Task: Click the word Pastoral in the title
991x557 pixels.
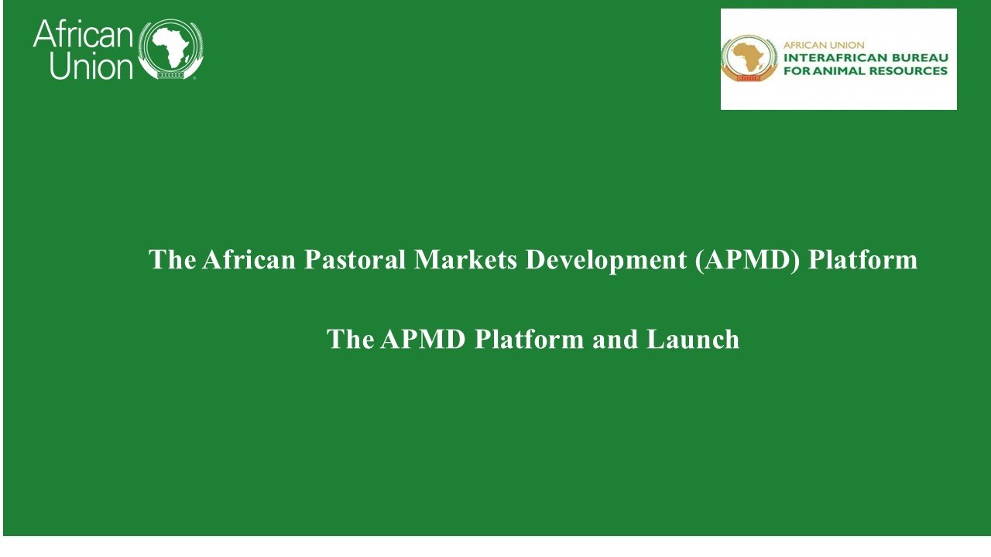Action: (355, 259)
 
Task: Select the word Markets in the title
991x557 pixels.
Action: (465, 259)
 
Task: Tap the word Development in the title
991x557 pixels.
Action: (606, 261)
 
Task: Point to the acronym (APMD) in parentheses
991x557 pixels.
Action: (748, 261)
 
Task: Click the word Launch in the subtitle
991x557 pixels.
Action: (693, 340)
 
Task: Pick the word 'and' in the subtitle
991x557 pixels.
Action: (615, 340)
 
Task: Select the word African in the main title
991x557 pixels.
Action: (249, 259)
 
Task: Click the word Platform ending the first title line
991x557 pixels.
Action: (863, 259)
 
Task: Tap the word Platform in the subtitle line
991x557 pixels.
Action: (529, 340)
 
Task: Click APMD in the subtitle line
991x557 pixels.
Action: (423, 340)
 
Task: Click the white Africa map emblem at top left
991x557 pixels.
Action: (171, 49)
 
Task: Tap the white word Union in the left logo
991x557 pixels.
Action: (91, 67)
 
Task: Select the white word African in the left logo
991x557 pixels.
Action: (83, 34)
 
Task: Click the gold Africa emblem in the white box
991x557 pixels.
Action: (749, 58)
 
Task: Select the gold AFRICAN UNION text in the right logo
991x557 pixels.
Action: (824, 45)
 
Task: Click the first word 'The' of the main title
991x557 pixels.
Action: (172, 259)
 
